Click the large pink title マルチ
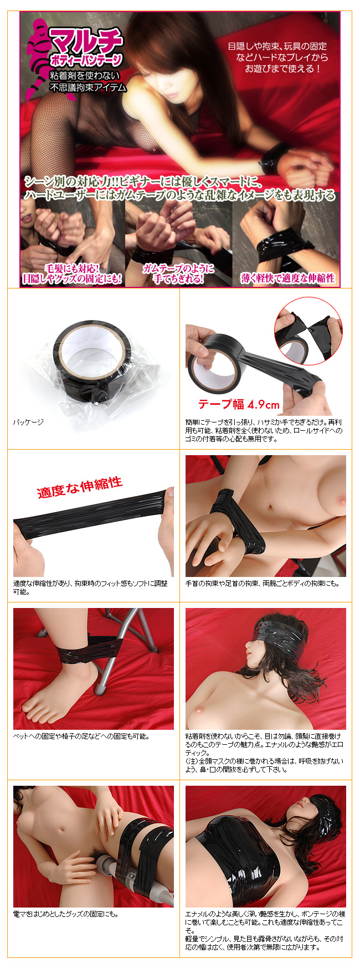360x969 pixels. pos(86,40)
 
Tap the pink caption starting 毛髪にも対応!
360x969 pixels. pos(71,274)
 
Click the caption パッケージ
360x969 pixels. pos(28,422)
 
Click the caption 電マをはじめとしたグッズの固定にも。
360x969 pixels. pos(66,914)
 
